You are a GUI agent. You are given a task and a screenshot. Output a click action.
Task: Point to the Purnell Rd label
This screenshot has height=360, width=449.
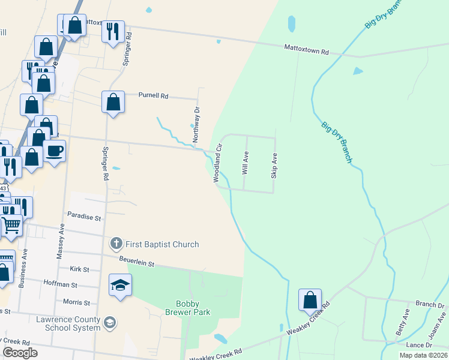tap(154, 95)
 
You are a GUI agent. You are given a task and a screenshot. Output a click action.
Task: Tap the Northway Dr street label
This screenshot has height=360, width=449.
tap(196, 124)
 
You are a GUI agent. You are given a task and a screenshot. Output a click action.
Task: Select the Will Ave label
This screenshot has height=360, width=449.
tap(245, 163)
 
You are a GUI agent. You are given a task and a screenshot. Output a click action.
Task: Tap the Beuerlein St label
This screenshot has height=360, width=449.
tap(136, 263)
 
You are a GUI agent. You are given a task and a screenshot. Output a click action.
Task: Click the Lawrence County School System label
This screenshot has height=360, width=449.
tap(67, 323)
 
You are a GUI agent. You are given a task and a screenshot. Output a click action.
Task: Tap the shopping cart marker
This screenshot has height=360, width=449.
tap(11, 226)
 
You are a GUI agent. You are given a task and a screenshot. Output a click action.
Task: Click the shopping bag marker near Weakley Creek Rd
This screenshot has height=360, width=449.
tap(310, 299)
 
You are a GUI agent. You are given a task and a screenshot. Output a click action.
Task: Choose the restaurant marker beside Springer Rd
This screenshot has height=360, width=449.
tap(113, 31)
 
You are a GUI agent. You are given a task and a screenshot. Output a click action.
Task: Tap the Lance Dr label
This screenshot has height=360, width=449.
tap(419, 345)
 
